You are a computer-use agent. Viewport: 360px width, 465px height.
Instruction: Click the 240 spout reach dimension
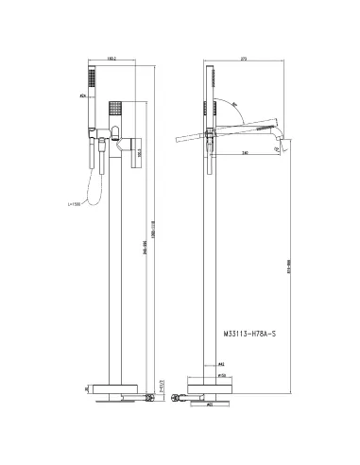pos(245,152)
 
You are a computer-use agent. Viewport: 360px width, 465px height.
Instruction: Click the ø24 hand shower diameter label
pos(83,95)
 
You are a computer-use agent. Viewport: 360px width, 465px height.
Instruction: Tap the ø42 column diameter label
pos(223,362)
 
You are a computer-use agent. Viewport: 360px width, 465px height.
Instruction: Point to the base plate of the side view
pos(217,387)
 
